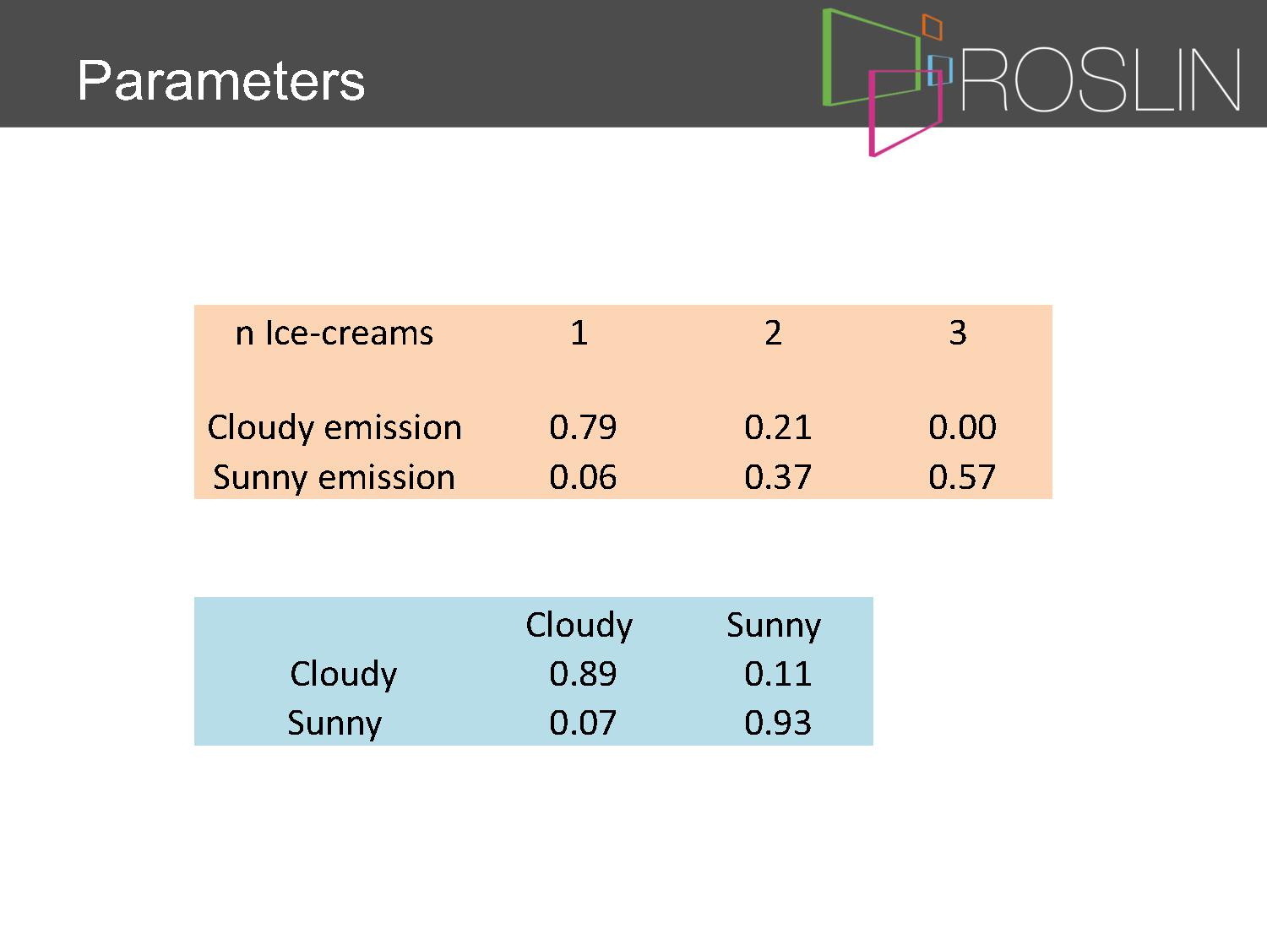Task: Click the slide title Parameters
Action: coord(221,80)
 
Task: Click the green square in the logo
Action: coord(827,57)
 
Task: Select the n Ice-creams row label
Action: coord(334,334)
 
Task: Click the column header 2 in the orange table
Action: coord(774,333)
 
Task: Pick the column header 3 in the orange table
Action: coord(958,333)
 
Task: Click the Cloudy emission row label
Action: coord(334,428)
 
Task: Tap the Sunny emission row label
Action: coord(334,478)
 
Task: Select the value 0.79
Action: coord(583,427)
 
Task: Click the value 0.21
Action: coord(778,427)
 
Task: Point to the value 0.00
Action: coord(962,427)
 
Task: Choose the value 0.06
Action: coord(583,477)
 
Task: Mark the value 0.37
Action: coord(778,477)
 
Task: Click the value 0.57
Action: coord(962,477)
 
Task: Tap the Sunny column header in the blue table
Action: coord(774,626)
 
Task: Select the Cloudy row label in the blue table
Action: coord(344,674)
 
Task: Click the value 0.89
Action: coord(583,674)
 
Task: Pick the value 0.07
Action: coord(583,723)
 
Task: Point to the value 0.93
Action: coord(778,723)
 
